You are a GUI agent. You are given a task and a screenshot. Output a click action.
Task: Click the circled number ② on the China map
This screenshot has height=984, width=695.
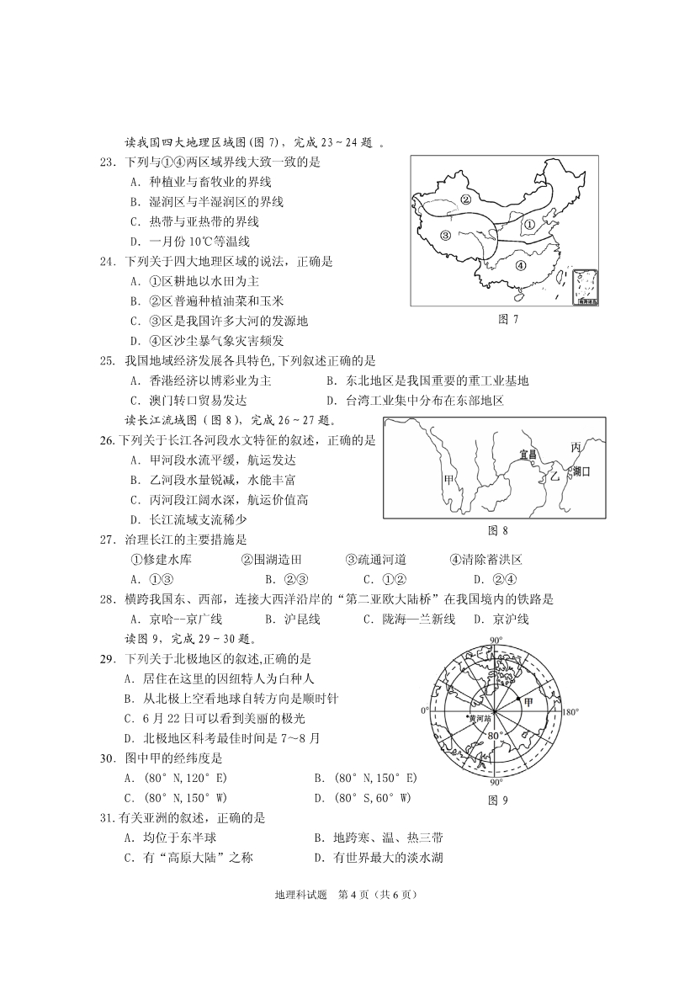point(464,200)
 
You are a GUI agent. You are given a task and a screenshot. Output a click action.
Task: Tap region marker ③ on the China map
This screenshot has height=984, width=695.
point(446,235)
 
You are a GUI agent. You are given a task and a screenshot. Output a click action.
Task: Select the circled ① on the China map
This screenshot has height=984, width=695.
point(529,225)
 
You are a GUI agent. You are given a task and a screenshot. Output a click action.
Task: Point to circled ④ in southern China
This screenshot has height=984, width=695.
point(520,264)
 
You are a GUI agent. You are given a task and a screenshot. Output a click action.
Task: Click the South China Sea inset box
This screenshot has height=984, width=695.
point(582,287)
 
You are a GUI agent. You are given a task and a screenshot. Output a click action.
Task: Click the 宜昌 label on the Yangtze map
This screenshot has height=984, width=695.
point(528,454)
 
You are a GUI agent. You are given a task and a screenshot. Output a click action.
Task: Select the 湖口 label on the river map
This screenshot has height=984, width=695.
point(581,472)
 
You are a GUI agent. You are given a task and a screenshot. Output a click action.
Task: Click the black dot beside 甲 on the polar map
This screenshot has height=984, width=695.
point(517,699)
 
